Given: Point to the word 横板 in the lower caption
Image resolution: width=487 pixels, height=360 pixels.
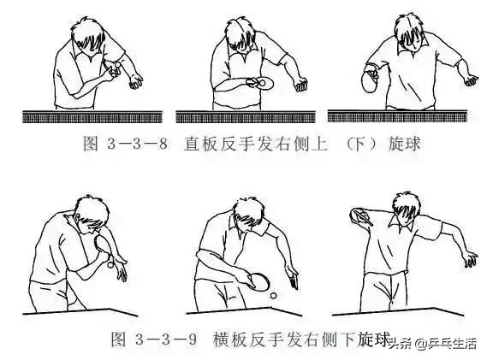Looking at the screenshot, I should click(x=230, y=339).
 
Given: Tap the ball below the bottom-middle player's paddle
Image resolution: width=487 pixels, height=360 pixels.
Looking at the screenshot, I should click(x=273, y=296).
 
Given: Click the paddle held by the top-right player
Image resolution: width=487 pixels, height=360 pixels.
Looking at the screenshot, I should click(x=371, y=83).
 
